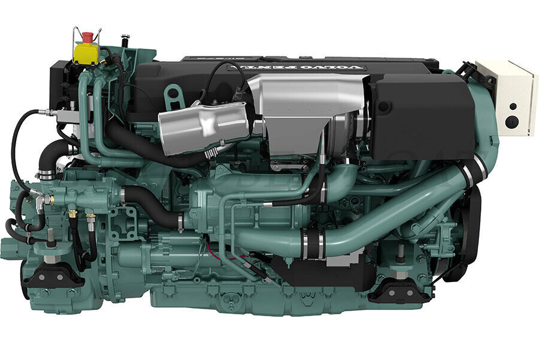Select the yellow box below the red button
pos(86,52)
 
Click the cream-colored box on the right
pos(507,96)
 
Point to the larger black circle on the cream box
pos(510,121)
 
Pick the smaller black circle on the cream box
pos(512,106)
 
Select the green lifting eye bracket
pos(174,96)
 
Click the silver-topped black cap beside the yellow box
pos(125,40)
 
